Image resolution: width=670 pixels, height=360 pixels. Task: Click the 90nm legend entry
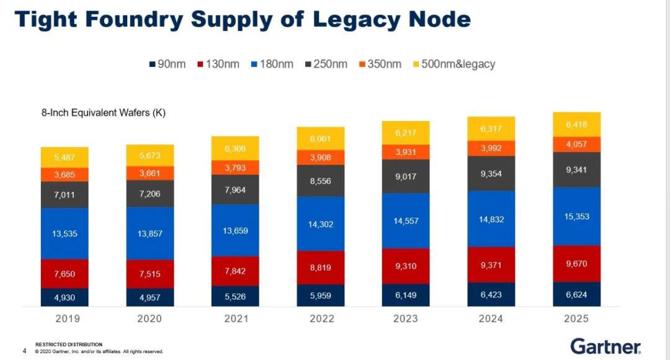pos(167,64)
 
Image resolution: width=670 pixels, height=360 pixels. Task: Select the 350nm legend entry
pos(380,64)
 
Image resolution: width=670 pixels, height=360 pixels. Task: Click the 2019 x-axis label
pos(65,318)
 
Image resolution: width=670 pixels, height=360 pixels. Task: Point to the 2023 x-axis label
pos(406,318)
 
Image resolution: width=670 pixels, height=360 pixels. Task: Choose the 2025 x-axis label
pos(576,318)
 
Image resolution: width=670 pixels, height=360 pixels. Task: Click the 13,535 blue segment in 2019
pos(65,233)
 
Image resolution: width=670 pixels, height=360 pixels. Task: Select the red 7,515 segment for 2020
pos(150,274)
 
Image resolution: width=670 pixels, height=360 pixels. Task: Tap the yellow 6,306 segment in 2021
pos(235,148)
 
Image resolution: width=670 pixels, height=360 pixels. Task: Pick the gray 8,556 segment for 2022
pos(321,181)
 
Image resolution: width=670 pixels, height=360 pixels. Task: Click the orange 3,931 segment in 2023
pos(406,152)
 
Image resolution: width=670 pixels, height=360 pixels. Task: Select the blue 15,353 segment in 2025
pos(576,217)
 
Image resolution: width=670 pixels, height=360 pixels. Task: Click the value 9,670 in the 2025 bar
pos(576,264)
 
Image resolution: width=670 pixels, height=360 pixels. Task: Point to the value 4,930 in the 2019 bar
pos(65,297)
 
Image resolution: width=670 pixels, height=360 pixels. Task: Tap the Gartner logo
pos(605,345)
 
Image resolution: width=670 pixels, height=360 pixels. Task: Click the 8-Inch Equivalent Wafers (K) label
pos(103,113)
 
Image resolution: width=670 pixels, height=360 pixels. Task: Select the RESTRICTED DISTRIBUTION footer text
pos(68,344)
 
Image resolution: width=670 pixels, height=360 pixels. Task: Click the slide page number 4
pos(24,351)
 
